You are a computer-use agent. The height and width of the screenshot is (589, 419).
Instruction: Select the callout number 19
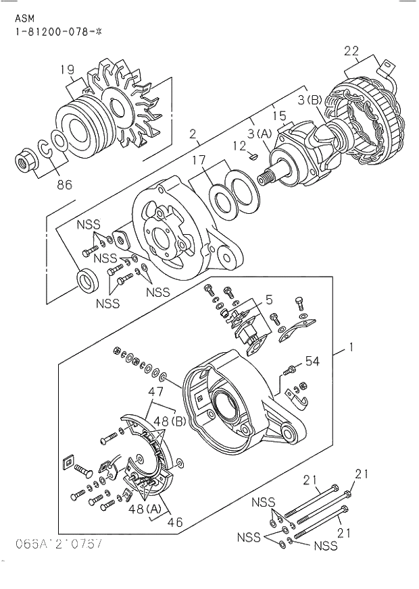coord(65,69)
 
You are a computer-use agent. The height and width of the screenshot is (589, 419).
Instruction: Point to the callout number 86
coord(64,184)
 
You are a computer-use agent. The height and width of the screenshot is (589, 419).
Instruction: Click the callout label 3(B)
coord(316,101)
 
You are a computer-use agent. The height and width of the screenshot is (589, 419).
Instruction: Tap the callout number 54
coord(312,362)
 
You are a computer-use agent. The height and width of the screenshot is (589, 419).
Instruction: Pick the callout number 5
coord(268,298)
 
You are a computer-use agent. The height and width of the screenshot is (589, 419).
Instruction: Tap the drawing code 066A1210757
coord(52,544)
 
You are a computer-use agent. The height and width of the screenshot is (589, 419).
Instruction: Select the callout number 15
coord(278,116)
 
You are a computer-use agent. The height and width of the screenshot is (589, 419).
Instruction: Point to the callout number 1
coord(351,349)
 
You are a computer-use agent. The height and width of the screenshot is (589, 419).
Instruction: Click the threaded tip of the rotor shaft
coord(264,179)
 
